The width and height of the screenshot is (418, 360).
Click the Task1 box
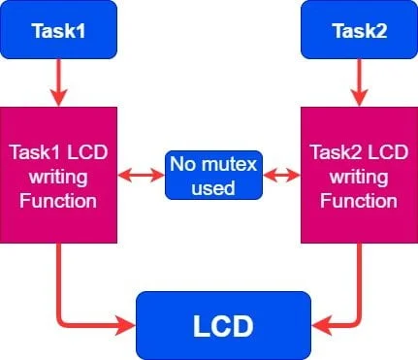point(58,30)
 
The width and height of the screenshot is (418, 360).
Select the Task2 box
point(359,30)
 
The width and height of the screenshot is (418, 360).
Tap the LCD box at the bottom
point(223,325)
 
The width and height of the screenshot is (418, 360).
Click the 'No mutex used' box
point(213,175)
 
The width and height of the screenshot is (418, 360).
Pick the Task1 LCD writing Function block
point(58,175)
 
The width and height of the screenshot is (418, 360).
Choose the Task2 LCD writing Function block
point(359,175)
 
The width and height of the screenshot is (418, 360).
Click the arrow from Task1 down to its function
point(58,82)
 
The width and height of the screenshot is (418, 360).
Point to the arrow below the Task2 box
point(359,82)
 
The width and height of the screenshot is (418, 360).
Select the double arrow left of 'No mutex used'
point(141,176)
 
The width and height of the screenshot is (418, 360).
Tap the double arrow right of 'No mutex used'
point(281,176)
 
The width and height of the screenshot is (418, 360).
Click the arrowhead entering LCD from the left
point(125,325)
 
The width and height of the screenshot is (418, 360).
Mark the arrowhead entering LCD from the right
point(322,325)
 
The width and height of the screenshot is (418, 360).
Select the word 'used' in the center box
point(213,187)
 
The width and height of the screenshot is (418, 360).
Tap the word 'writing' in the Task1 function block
point(58,178)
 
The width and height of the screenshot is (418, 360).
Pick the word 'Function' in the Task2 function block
point(359,201)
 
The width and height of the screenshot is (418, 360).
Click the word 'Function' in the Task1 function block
point(58,201)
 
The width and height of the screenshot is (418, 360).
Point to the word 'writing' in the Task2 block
point(359,178)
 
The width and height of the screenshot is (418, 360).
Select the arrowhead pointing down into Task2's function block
point(359,98)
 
